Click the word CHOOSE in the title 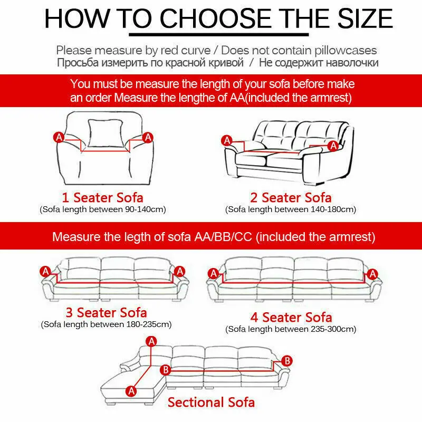[x=224, y=20]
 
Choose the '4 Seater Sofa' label [x=291, y=317]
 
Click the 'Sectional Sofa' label [x=211, y=402]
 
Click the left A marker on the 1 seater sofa [x=59, y=137]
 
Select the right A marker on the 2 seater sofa [x=333, y=146]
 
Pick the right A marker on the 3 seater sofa [x=180, y=271]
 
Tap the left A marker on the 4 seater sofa [x=213, y=273]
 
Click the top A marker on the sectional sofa [x=152, y=341]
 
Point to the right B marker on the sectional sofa [x=287, y=361]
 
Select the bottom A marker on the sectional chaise [x=130, y=391]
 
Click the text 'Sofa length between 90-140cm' [x=103, y=209]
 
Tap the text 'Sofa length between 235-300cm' [x=291, y=329]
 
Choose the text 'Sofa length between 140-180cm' [x=291, y=209]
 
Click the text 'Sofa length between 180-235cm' [x=106, y=324]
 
